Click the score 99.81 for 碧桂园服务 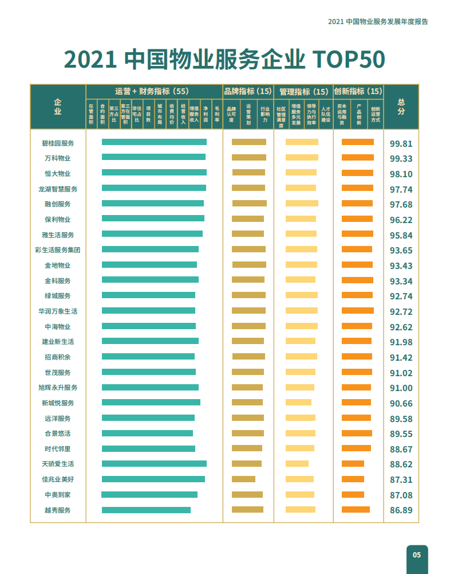click(x=401, y=143)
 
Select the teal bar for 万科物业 click(x=153, y=157)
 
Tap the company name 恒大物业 click(x=57, y=173)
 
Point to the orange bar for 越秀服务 click(x=356, y=509)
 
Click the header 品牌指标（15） click(x=248, y=91)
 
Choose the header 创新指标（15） click(x=358, y=91)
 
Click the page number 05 click(x=417, y=555)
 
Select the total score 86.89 click(x=401, y=510)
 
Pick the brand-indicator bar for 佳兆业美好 click(x=243, y=479)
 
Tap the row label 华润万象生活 click(x=57, y=311)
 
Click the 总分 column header click(x=401, y=107)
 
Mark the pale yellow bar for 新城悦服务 click(x=298, y=402)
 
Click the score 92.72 click(x=401, y=312)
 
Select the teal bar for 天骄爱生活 click(x=154, y=463)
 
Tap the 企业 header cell click(x=58, y=107)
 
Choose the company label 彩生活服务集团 click(x=57, y=250)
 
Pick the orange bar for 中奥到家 click(x=353, y=494)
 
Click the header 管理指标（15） click(x=303, y=91)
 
